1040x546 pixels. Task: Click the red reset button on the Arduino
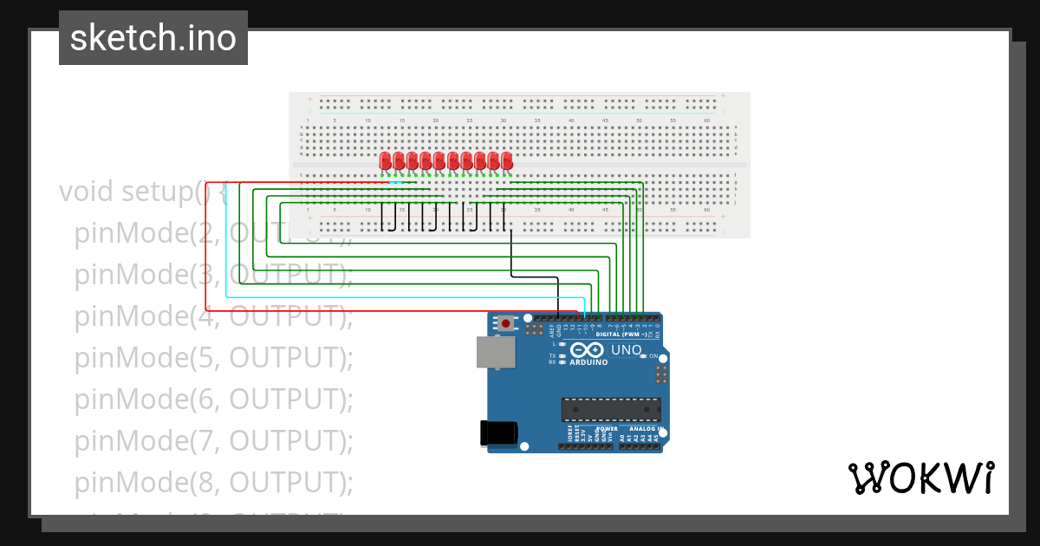pos(505,323)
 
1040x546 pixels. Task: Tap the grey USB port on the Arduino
pos(496,352)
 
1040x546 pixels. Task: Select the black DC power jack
pos(499,432)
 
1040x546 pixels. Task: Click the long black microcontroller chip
pos(611,409)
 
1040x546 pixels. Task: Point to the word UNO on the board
pos(627,350)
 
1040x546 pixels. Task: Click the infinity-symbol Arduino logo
pos(588,350)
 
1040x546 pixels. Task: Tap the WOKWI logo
pos(920,478)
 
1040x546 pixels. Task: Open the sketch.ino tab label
pos(153,38)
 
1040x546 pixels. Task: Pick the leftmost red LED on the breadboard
pos(386,161)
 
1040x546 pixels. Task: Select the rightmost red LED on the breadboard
pos(506,161)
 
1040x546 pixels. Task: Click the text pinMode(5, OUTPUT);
pos(213,357)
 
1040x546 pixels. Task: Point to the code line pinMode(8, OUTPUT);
pos(213,482)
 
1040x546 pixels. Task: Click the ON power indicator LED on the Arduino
pos(643,356)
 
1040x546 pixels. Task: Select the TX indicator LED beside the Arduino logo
pos(562,356)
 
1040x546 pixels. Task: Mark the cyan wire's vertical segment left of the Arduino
pos(226,251)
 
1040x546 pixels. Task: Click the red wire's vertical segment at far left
pos(205,251)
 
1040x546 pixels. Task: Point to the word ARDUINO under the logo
pos(588,362)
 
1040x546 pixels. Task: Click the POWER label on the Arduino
pos(607,428)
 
